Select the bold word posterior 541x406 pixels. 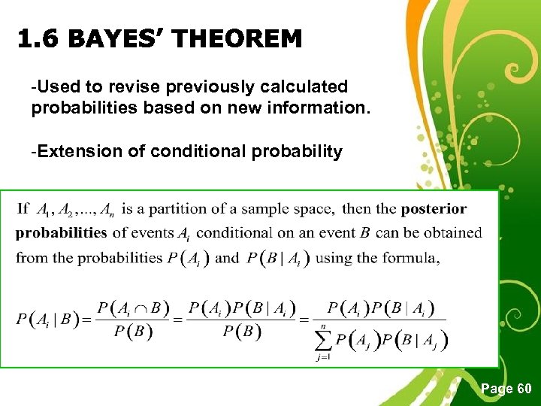coord(434,208)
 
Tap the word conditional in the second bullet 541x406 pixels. coord(195,151)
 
